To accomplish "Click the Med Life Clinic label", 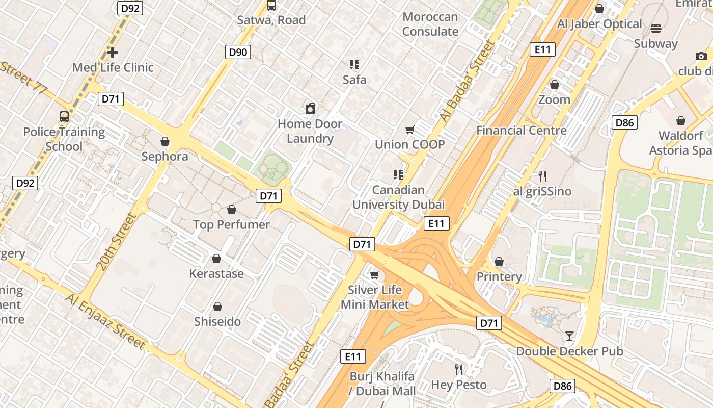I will point(113,67).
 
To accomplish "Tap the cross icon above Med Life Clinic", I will point(113,52).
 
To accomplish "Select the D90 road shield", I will point(238,52).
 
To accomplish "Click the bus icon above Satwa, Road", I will point(271,6).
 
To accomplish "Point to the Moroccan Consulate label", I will point(430,24).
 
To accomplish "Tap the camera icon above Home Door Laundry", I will point(310,109).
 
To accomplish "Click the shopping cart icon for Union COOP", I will point(410,130).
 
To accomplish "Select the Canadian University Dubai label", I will point(398,197).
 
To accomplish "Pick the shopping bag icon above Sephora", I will point(164,141).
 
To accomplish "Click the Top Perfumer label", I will point(231,224).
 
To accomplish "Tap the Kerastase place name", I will point(216,273).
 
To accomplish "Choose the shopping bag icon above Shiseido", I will point(217,307).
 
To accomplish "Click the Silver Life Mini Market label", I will point(375,297).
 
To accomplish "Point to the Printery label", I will point(499,277).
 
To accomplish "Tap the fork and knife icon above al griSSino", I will point(542,176).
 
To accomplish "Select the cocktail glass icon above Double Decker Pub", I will point(569,336).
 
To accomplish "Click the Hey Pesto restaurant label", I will point(459,385).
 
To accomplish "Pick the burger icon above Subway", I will point(656,29).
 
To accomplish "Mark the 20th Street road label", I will point(117,242).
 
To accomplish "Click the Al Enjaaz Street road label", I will point(105,321).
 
